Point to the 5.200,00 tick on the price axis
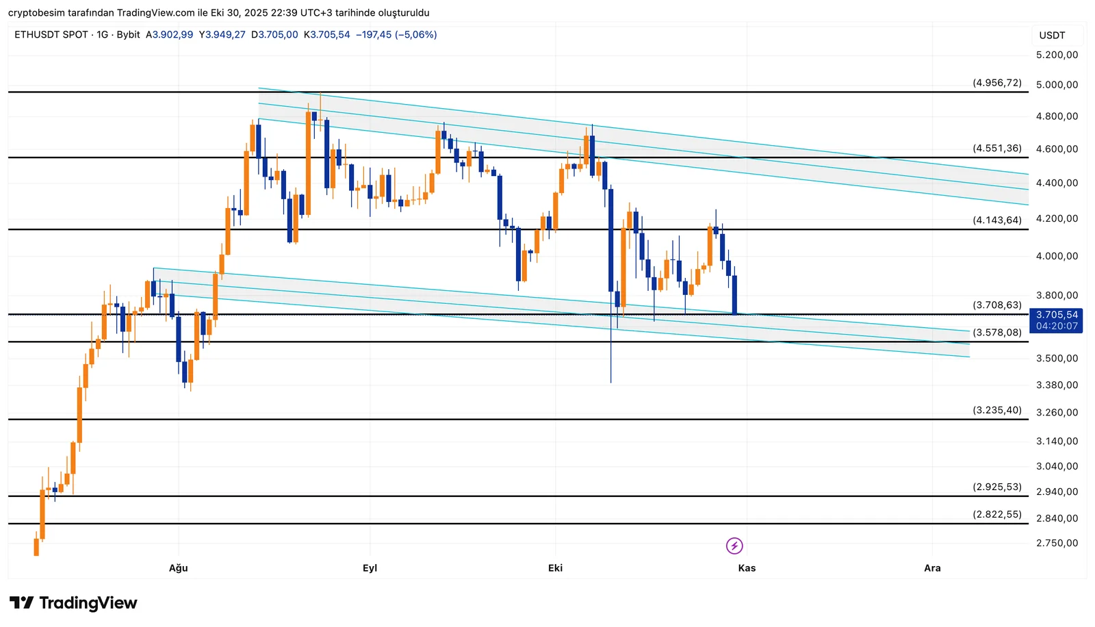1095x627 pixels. click(1057, 55)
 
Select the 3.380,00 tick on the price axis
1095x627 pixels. click(1057, 385)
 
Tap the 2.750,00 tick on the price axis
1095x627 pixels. click(1057, 543)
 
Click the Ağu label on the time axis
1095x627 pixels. click(178, 568)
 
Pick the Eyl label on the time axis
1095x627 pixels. click(370, 568)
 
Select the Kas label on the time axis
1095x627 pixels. click(747, 568)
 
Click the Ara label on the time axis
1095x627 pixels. click(932, 568)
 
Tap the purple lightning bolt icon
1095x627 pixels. click(734, 546)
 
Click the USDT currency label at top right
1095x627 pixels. click(1052, 36)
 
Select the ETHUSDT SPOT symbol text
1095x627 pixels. click(51, 34)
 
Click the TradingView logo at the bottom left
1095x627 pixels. click(73, 603)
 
